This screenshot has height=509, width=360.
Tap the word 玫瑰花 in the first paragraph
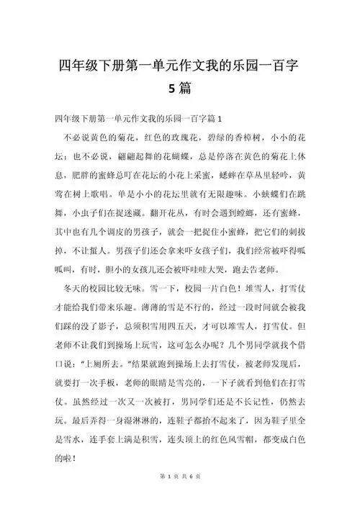(x=185, y=137)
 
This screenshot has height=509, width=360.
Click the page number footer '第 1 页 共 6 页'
(x=180, y=497)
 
